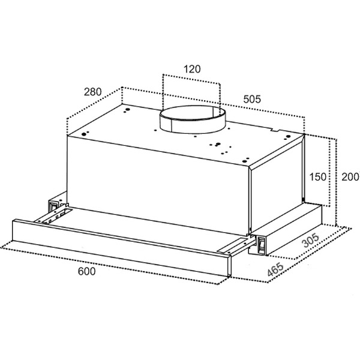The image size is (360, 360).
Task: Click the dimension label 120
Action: [192, 69]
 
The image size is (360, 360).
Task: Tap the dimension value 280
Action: [92, 92]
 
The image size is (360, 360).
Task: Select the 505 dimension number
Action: [252, 99]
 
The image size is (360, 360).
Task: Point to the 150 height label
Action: [317, 177]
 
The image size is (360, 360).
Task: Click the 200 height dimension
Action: [350, 177]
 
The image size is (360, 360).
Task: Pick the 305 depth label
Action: [311, 241]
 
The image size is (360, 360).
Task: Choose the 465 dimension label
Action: [275, 269]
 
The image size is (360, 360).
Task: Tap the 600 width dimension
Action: [86, 271]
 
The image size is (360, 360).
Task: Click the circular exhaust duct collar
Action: [193, 119]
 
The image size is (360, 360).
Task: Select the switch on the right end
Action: [261, 245]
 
